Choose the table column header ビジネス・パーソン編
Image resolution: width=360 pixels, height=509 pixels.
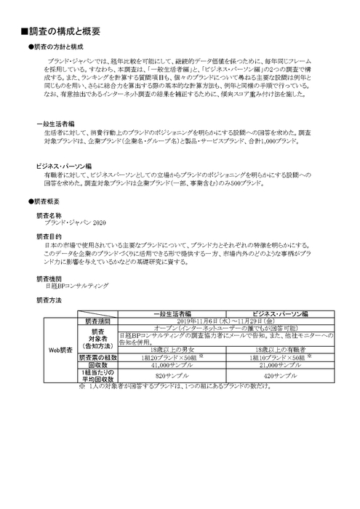(275, 313)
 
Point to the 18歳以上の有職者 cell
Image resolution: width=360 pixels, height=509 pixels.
(275, 350)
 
